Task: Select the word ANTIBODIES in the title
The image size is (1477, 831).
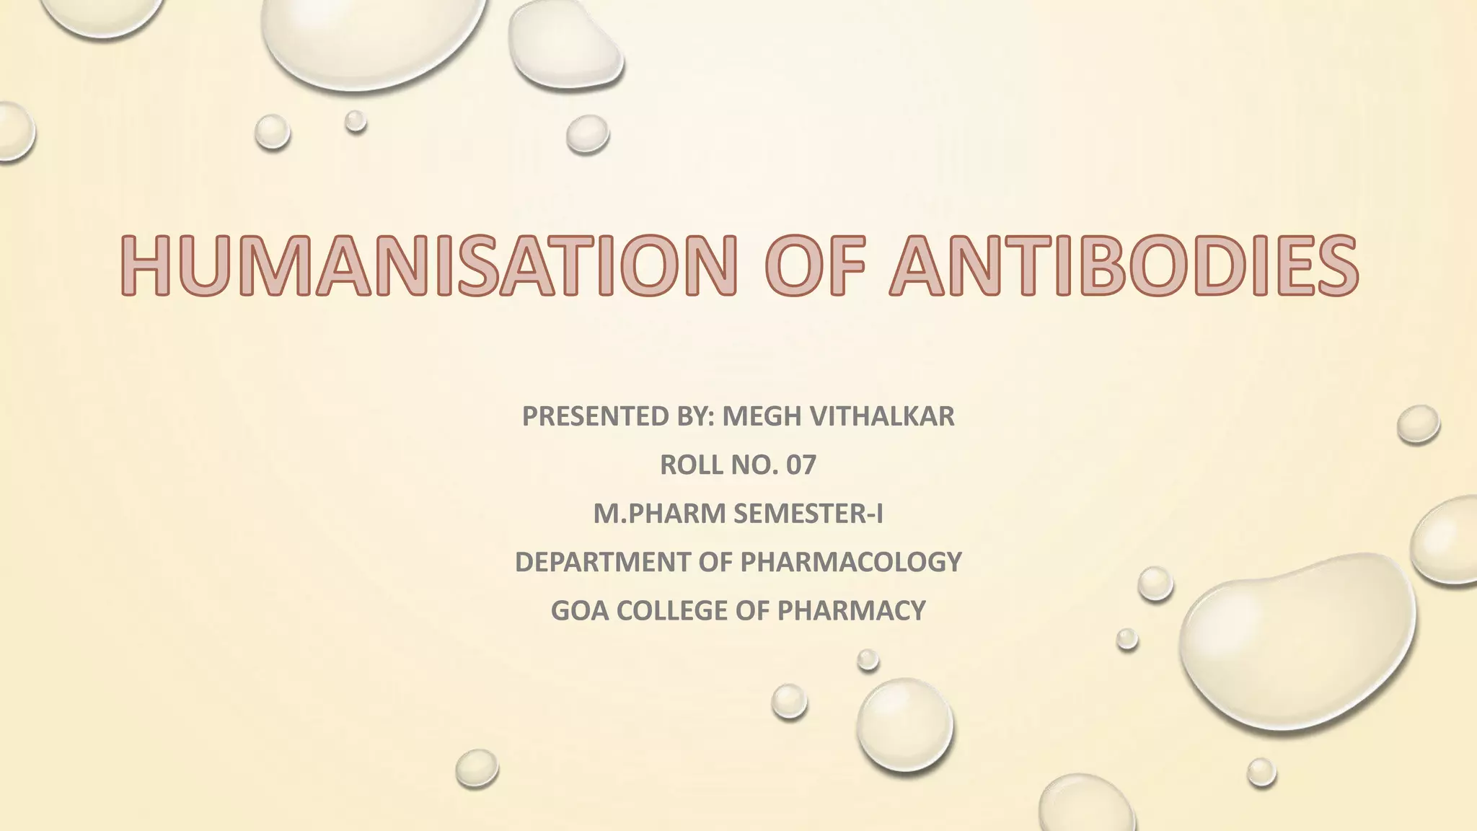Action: [1123, 265]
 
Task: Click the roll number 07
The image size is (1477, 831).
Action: [801, 465]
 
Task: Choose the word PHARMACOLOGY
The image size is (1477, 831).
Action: [851, 561]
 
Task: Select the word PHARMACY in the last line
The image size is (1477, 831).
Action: [851, 610]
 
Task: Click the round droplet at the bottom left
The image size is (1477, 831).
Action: [477, 768]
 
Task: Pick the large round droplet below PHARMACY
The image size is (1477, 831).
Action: [904, 724]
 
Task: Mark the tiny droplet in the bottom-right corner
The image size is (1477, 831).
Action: [1261, 772]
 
